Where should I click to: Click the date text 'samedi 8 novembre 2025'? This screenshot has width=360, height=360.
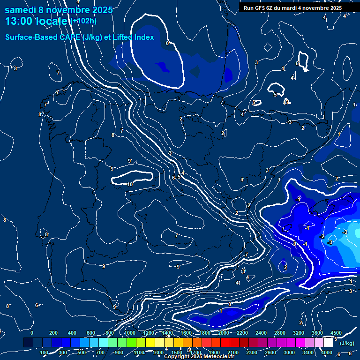tap(59, 10)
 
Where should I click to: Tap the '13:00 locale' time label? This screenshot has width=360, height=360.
tap(37, 21)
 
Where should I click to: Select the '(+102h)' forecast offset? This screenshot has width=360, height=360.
tap(84, 21)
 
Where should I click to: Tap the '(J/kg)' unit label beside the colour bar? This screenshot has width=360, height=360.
tap(347, 343)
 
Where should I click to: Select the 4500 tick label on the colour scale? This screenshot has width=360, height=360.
tap(336, 333)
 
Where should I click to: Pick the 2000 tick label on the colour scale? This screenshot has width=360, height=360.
tap(224, 333)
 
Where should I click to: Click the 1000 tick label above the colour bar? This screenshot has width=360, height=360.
tap(130, 333)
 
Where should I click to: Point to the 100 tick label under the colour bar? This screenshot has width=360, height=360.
tap(45, 352)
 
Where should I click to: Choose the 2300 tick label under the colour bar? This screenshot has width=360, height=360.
tap(252, 352)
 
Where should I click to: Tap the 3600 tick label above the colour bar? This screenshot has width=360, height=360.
tap(317, 333)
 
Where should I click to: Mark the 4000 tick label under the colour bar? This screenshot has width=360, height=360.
tap(327, 352)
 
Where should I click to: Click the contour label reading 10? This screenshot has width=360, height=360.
tap(130, 185)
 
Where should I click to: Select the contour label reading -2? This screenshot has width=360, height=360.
tap(322, 237)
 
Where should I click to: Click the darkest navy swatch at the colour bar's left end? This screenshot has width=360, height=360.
tap(28, 343)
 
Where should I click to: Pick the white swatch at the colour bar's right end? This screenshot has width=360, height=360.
tap(332, 343)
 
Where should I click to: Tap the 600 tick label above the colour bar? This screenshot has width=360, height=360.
tap(91, 333)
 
